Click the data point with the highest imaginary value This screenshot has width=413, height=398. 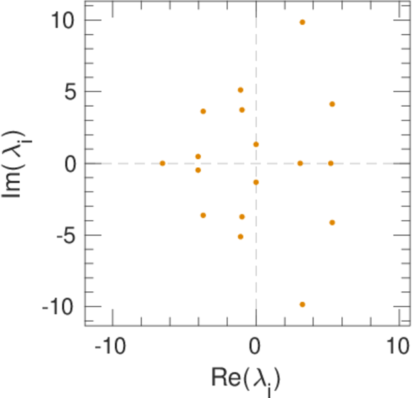pos(302,22)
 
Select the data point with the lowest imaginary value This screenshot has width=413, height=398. pos(302,304)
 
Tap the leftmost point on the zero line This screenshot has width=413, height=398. pos(162,163)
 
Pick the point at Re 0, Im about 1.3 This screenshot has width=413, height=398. pos(256,145)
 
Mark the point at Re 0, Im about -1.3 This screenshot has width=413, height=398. pos(256,182)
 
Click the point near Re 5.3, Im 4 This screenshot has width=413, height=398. pos(332,104)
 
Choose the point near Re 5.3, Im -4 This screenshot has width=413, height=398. pos(332,223)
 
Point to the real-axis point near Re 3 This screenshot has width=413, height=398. pos(300,163)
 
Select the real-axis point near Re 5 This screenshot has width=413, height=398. pos(331,163)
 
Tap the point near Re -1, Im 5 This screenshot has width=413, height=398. pos(240,90)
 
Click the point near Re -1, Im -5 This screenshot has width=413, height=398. pos(240,237)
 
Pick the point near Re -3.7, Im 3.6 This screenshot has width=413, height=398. pos(203,111)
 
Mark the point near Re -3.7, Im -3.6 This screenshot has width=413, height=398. pos(203,216)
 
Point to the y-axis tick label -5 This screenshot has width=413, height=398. pos(61,235)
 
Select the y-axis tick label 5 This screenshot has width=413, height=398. pos(68,92)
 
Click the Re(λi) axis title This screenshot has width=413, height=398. pos(245,380)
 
